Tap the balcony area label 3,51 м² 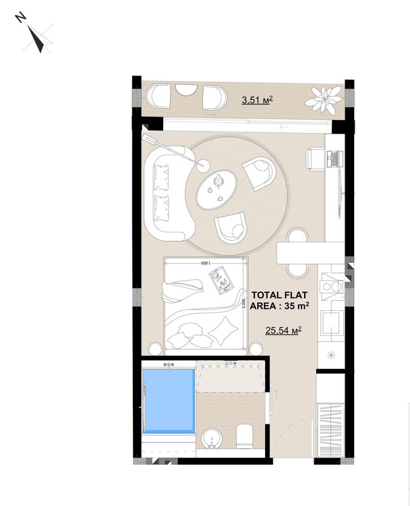pos(258,100)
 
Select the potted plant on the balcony pos(323,99)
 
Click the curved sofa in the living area pos(168,193)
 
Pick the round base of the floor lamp pos(204,166)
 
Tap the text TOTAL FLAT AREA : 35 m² pos(279,300)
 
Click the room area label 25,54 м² pos(283,330)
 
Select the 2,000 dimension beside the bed pos(243,304)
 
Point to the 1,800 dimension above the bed pos(206,263)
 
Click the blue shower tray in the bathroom pos(169,401)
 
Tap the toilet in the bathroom pos(244,437)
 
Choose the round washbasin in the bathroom pos(211,439)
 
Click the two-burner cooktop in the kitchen pos(331,286)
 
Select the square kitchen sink pos(330,323)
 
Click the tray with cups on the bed pos(221,279)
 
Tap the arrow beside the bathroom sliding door pos(276,394)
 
